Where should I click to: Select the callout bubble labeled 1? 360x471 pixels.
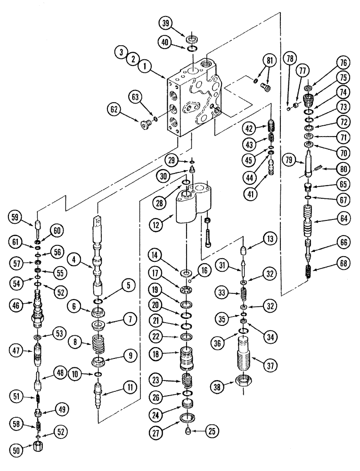tap(146, 67)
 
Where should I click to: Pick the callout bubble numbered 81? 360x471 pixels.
tap(270, 60)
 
